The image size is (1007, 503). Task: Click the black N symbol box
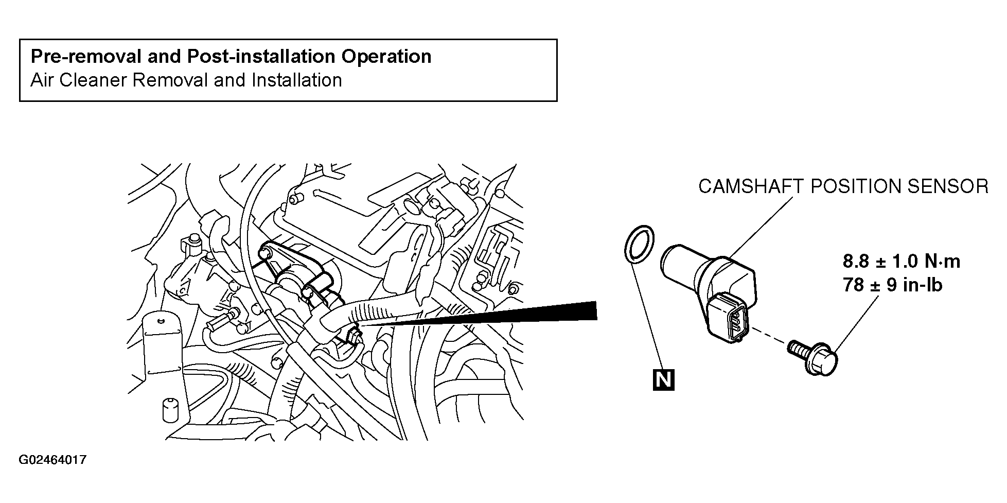(x=663, y=380)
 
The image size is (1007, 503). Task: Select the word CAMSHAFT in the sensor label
(x=751, y=186)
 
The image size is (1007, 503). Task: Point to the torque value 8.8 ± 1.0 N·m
(x=902, y=262)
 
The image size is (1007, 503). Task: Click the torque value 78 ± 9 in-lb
(x=893, y=285)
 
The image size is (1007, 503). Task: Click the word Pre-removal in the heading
(x=86, y=56)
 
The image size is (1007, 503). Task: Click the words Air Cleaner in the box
(x=78, y=80)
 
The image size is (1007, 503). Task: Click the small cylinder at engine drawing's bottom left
(x=169, y=409)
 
